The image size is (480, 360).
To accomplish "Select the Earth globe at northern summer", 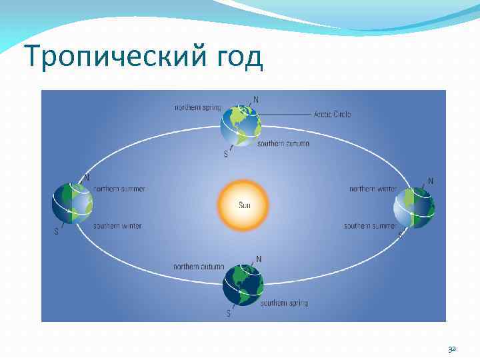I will click(73, 203).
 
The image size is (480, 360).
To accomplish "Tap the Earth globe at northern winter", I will click(414, 207).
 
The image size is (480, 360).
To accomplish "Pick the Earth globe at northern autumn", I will click(243, 285).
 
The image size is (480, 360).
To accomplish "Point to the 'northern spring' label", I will click(197, 107).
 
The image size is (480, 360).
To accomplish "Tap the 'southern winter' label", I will click(117, 226).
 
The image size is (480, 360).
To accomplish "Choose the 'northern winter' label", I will click(373, 189).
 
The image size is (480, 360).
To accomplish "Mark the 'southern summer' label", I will click(370, 226).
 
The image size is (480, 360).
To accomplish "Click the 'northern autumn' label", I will click(198, 266).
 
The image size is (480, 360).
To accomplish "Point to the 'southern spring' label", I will click(284, 303).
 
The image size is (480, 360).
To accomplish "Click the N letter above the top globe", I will click(257, 100).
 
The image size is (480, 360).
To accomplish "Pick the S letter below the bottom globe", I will click(229, 313).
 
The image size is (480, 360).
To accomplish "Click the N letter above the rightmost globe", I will click(430, 181).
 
